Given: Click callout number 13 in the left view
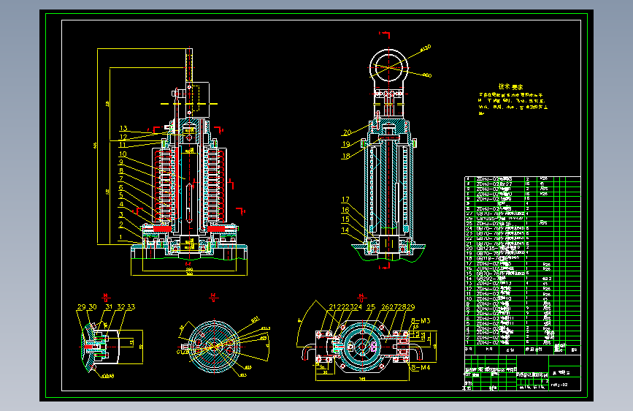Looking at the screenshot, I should [x=123, y=129].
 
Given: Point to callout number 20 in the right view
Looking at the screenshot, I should [x=347, y=132].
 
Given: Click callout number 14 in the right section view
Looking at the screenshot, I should [x=345, y=230].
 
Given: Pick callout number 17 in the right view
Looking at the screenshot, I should [x=345, y=200].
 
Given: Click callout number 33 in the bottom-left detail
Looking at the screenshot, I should [x=131, y=307].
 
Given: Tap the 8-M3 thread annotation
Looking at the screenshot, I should [x=421, y=321].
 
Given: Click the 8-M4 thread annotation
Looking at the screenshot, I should [x=421, y=368].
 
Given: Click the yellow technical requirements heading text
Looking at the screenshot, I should [x=510, y=86].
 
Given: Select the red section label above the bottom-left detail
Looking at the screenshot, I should [x=106, y=296].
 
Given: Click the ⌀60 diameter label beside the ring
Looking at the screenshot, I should [x=427, y=75].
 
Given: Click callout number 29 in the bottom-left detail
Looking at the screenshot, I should [x=81, y=307].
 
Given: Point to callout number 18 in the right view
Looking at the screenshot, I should [x=347, y=156].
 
